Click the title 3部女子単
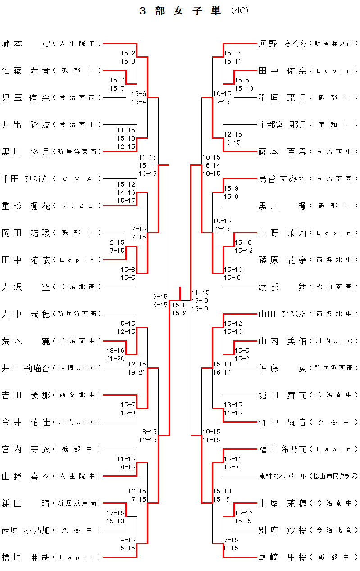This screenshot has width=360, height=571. (180, 11)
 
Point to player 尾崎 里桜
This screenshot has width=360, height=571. (283, 557)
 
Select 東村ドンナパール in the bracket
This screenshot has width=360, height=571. (283, 476)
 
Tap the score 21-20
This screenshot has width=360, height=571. (115, 359)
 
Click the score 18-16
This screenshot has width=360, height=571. (115, 351)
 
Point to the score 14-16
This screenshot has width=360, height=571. (126, 192)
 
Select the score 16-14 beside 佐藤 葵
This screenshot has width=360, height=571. (222, 372)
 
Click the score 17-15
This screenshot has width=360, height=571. (115, 513)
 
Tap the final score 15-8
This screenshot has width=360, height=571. (179, 305)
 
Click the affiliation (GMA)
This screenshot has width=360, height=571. (77, 179)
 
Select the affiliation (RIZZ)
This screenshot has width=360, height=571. (77, 206)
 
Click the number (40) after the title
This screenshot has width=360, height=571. (239, 10)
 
